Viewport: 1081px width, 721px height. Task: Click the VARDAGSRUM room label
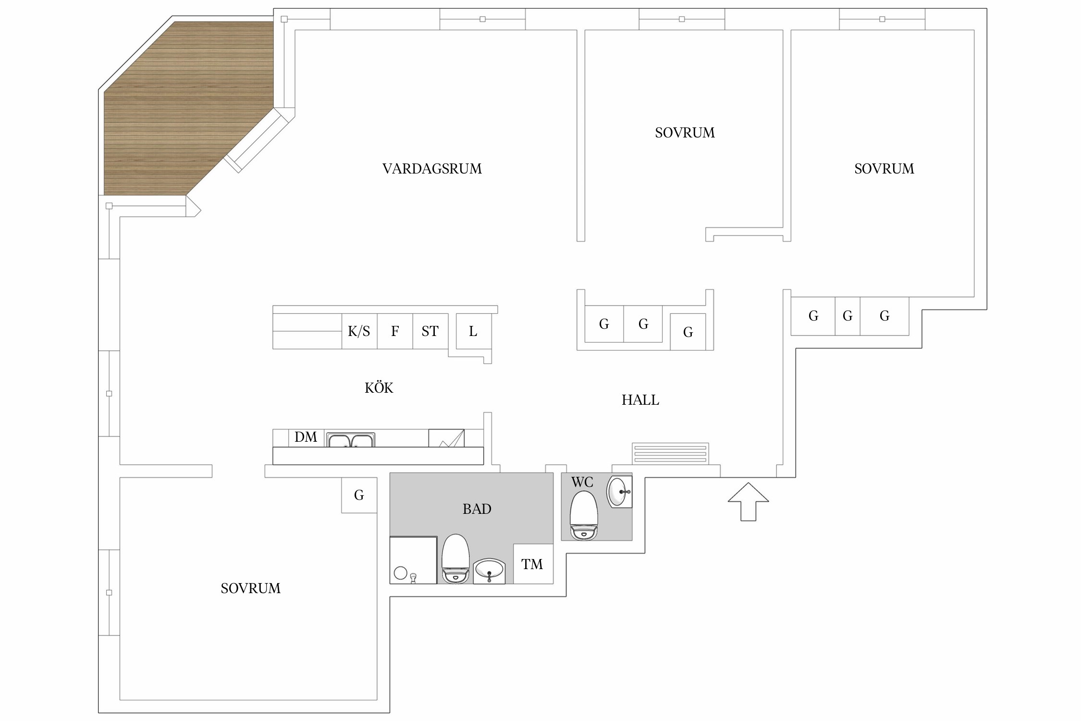(x=432, y=169)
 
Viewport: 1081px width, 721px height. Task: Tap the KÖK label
(x=379, y=387)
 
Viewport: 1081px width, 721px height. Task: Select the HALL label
(x=640, y=400)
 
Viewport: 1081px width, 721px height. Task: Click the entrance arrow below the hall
(x=748, y=502)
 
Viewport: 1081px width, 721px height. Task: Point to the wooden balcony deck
(x=187, y=108)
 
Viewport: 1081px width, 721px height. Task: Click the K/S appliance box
(x=359, y=331)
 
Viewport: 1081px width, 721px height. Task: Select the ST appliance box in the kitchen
(x=430, y=331)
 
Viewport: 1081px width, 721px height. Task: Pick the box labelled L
(x=473, y=331)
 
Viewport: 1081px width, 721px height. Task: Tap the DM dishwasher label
(x=306, y=437)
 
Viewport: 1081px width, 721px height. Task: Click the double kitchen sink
(x=351, y=440)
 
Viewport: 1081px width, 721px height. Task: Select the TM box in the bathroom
(x=533, y=564)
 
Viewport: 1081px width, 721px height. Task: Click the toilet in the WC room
(x=584, y=515)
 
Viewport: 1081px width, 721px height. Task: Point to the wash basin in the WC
(x=619, y=492)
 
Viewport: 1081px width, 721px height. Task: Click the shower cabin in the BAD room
(x=413, y=560)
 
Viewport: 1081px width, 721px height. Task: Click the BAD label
(x=477, y=509)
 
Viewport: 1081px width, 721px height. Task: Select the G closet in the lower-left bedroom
(x=359, y=495)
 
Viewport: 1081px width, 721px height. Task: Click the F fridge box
(x=395, y=331)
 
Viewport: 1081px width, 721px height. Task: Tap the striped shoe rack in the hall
(x=670, y=454)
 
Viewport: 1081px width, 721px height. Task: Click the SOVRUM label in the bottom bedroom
(x=251, y=588)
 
